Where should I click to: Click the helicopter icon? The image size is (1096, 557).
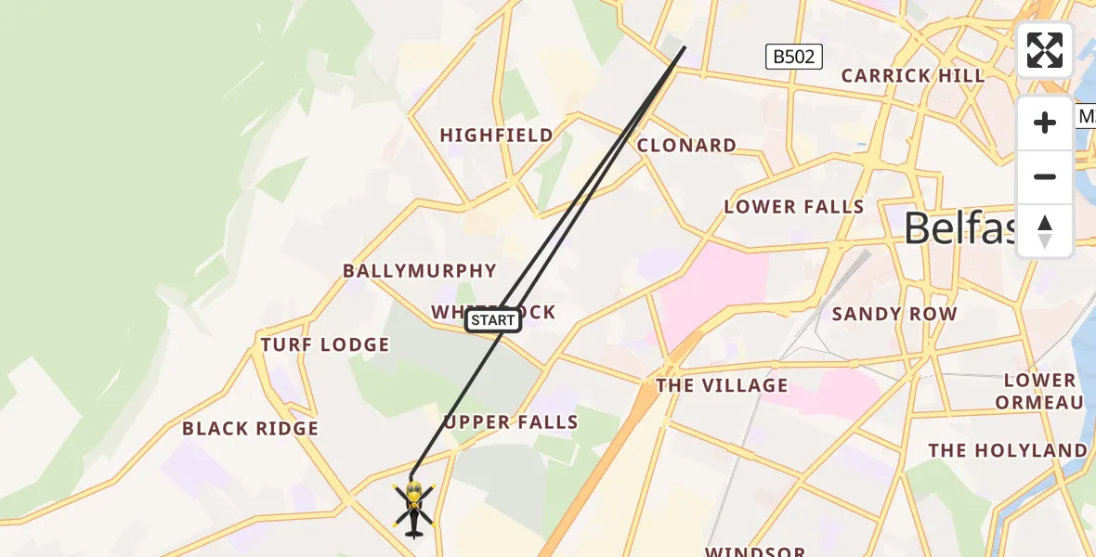pos(413,508)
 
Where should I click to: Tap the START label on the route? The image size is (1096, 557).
pos(492,320)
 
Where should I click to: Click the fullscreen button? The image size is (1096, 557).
pos(1045,50)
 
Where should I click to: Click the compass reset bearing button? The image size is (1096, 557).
pos(1045,231)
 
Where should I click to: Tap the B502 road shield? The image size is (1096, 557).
pos(794,57)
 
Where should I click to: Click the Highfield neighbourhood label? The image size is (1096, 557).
pos(496,136)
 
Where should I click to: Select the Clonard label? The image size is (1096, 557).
pos(686,146)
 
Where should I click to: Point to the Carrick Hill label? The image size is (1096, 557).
pos(912,76)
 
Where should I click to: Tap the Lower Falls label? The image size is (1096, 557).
pos(794,207)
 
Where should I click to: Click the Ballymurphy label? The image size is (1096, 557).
pos(420,271)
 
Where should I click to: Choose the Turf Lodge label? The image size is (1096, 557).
pos(325,345)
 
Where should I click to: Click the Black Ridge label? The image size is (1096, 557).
pos(250,429)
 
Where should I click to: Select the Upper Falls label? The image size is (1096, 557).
pos(511,422)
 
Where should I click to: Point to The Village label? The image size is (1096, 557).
pos(722,385)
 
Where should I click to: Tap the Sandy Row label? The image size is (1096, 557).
pos(894,314)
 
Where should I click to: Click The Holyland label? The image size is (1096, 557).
pos(1007,451)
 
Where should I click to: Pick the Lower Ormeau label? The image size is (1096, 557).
pos(1038,391)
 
